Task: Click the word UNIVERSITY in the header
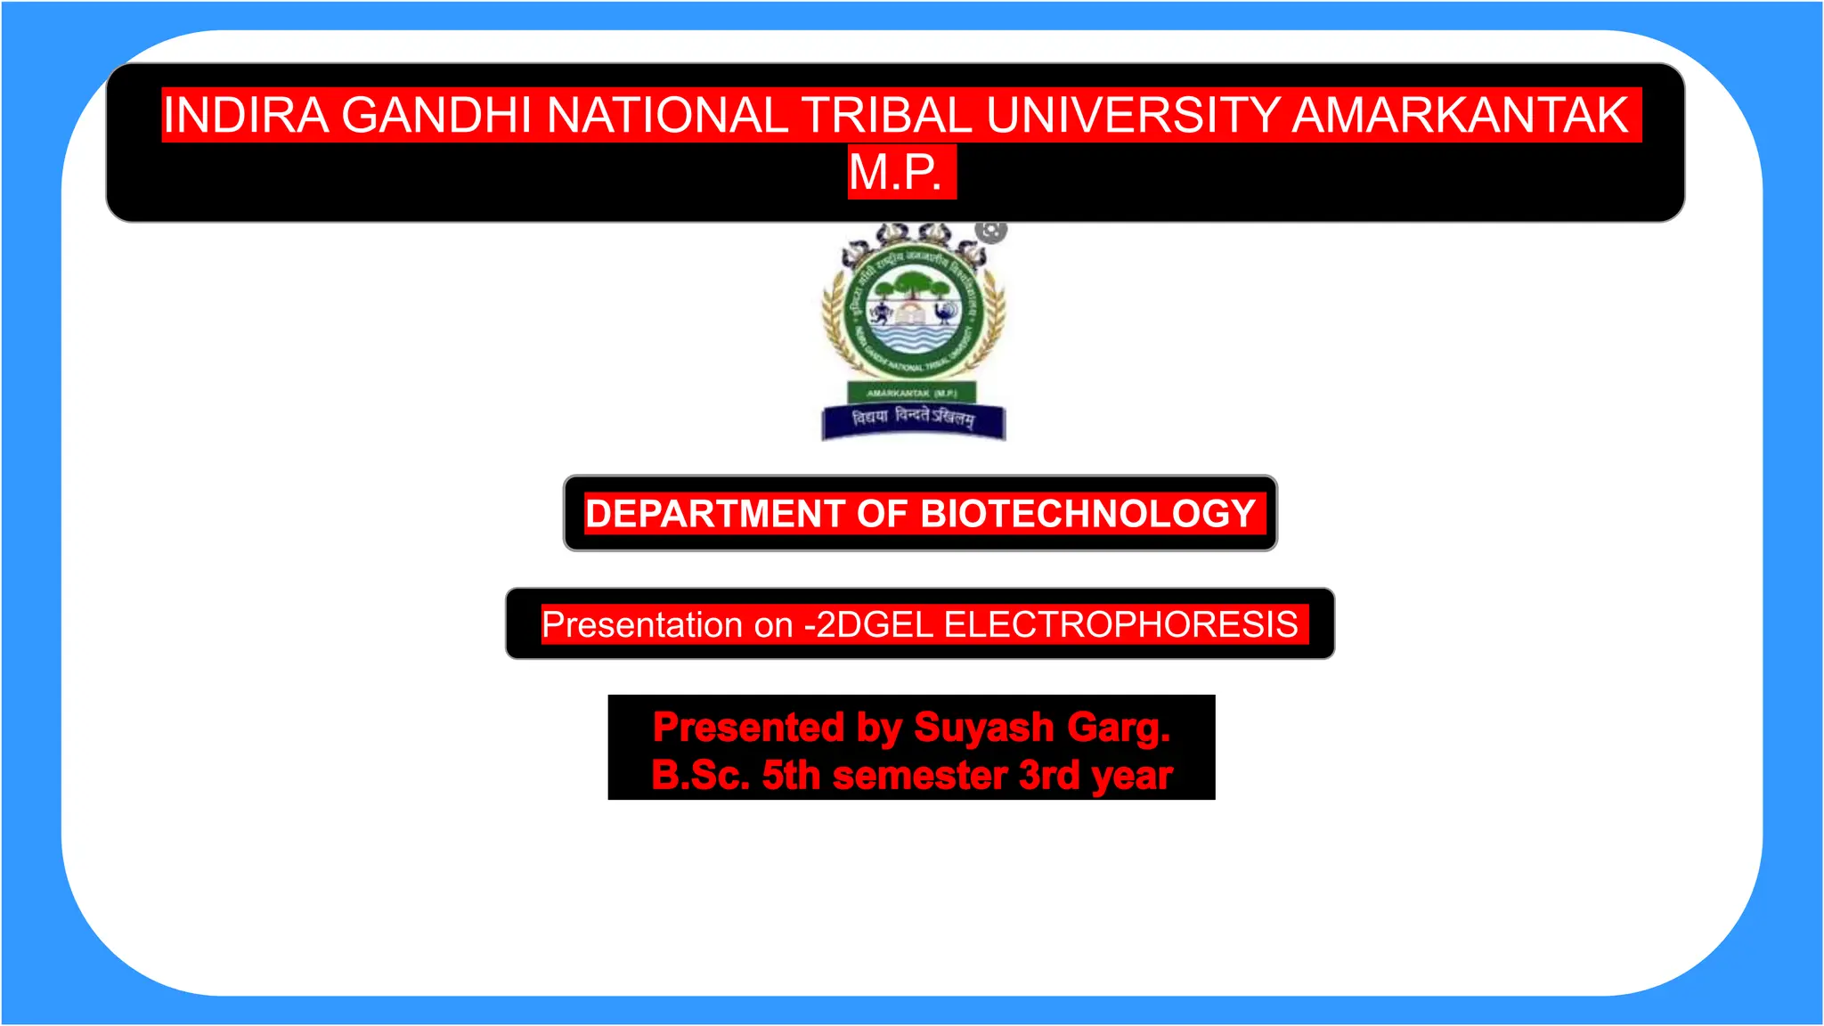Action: click(x=1133, y=115)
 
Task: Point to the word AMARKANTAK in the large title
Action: click(x=1461, y=115)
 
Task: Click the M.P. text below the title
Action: click(x=896, y=172)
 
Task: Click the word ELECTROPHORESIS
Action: click(x=1120, y=624)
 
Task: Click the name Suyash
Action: click(x=984, y=728)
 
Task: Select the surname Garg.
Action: click(x=1119, y=728)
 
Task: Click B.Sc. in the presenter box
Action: click(x=700, y=775)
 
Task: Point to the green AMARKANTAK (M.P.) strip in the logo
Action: click(x=911, y=393)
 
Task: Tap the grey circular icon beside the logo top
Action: click(x=990, y=231)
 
